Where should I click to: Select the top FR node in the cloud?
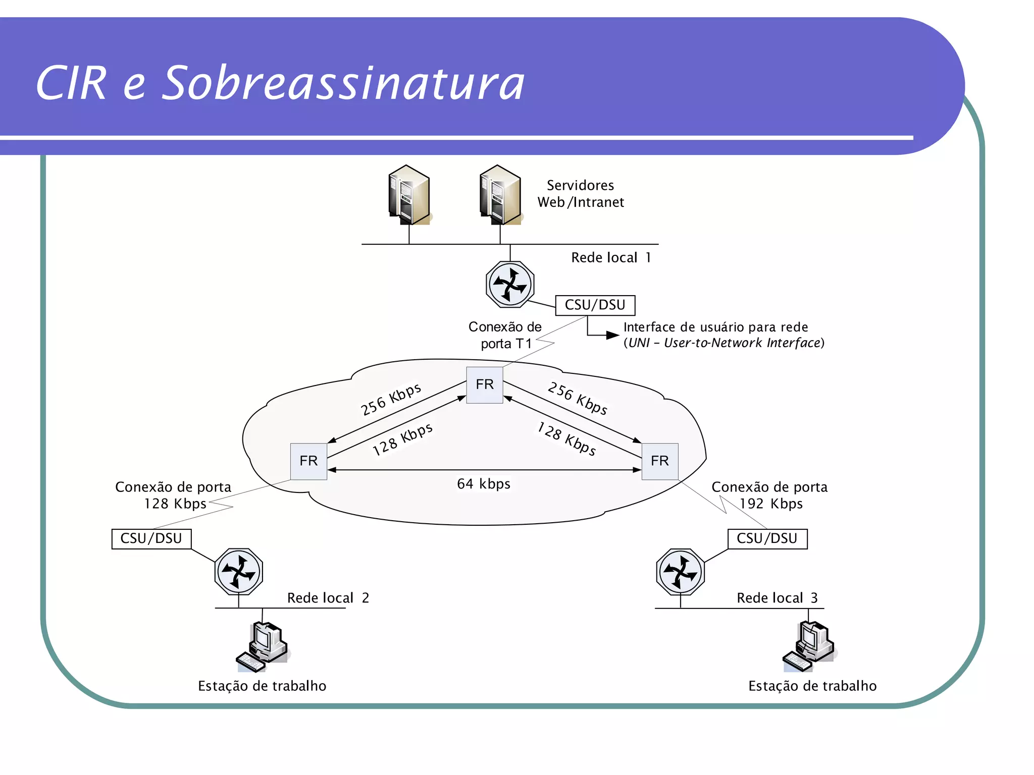pos(484,384)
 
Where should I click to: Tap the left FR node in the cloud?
pos(308,461)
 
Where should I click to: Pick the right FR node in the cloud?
pos(659,461)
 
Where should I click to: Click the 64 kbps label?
pos(483,484)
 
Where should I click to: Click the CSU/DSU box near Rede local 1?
pos(595,305)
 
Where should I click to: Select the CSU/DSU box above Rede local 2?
pos(151,538)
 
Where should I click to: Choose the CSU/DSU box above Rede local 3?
pos(767,538)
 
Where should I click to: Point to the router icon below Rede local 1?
pos(510,285)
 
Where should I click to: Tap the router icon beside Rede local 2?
pos(239,572)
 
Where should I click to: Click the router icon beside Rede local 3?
pos(680,572)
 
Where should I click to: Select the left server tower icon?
pos(409,195)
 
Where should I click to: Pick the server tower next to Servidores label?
pos(500,195)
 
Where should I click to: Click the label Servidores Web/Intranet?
pos(581,194)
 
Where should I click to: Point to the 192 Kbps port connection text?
pos(769,495)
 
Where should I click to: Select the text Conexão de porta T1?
pos(505,335)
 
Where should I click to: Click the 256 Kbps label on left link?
pos(391,399)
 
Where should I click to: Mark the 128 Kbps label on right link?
pos(566,438)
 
